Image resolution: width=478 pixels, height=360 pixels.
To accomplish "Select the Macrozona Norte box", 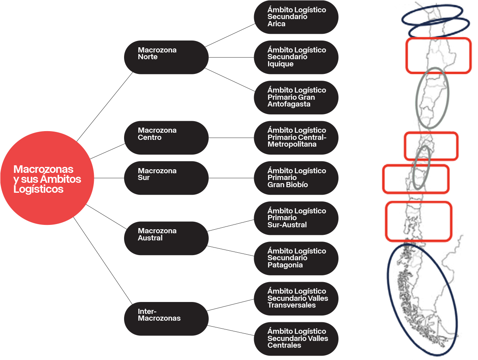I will [x=166, y=57].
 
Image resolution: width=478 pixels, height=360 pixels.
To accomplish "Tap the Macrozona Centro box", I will [x=166, y=137].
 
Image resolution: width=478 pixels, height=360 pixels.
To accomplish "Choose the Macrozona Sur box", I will [x=166, y=178].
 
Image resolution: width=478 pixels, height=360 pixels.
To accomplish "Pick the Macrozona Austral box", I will [x=166, y=238].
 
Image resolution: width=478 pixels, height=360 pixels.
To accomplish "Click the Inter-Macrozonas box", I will [x=166, y=318].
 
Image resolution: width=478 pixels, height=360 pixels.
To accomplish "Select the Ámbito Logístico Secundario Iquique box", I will [x=296, y=57].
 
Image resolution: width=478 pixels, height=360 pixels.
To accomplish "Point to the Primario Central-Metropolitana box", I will [x=296, y=137].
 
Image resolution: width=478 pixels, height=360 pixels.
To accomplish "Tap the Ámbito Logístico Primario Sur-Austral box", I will [x=296, y=218].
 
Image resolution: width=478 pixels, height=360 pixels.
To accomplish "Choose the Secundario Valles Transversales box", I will [x=296, y=298].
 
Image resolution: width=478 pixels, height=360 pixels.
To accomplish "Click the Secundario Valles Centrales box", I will [x=296, y=339].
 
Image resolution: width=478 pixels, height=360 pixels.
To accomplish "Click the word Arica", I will [x=276, y=24].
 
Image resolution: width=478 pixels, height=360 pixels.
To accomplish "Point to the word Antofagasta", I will [x=289, y=104].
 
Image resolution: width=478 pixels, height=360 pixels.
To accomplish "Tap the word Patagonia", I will [x=285, y=265].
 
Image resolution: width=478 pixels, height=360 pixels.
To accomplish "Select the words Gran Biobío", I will [x=288, y=185].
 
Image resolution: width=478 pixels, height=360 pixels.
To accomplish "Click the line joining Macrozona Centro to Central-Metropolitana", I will [x=231, y=138].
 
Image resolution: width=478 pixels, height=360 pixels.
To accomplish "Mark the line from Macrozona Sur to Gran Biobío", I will [x=231, y=178].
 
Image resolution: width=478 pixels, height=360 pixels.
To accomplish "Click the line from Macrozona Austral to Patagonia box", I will [x=231, y=251].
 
